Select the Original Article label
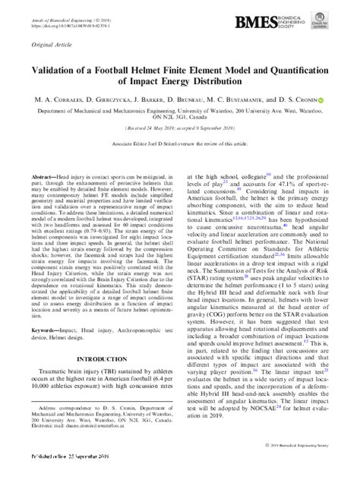46,46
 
